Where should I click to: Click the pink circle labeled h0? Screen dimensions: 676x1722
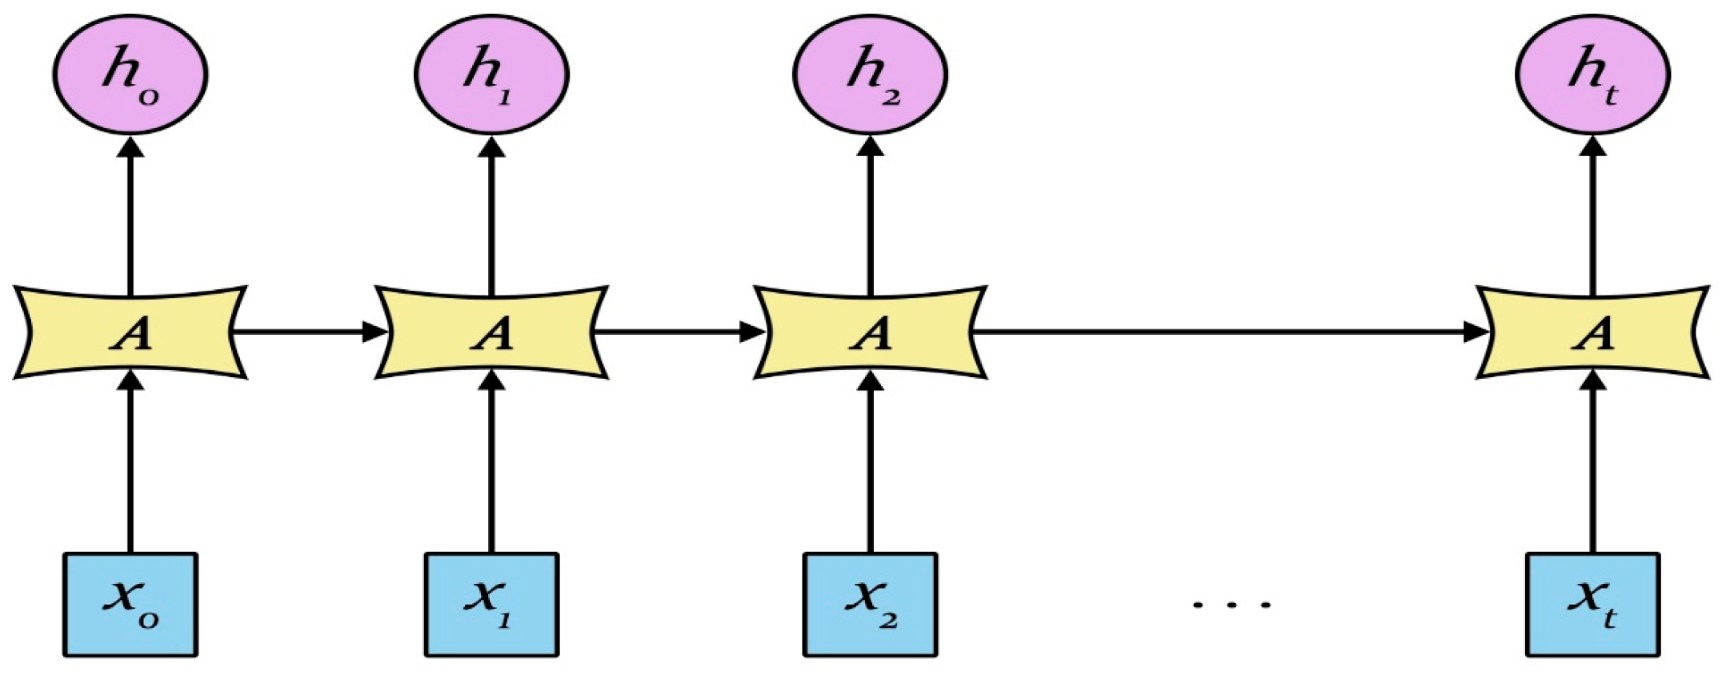tap(130, 73)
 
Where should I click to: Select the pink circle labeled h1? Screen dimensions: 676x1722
tap(491, 73)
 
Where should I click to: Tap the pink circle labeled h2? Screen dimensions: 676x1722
tap(871, 73)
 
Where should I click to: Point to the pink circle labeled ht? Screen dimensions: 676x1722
tap(1592, 73)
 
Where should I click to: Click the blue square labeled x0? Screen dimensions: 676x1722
tap(130, 605)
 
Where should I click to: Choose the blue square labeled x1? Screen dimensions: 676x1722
tap(491, 605)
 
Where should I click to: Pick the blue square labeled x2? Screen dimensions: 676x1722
tap(871, 605)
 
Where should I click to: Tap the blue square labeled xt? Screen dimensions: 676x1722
tap(1592, 605)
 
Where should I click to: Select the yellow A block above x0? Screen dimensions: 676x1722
tap(130, 332)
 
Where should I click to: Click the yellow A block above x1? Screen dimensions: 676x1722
tap(491, 332)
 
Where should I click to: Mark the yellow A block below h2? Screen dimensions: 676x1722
tap(871, 332)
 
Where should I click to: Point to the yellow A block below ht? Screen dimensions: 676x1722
tap(1592, 332)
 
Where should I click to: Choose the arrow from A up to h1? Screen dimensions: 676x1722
tap(491, 216)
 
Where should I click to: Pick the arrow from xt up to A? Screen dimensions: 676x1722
tap(1592, 465)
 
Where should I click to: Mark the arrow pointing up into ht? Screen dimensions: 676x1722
tap(1592, 216)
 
